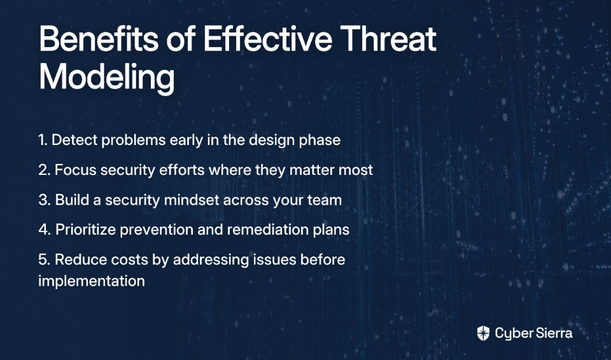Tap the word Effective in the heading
(x=268, y=38)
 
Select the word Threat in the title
(x=388, y=39)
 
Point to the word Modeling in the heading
(x=107, y=77)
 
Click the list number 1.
(x=43, y=140)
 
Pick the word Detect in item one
(x=74, y=140)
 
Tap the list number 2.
(x=45, y=170)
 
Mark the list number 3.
(x=45, y=200)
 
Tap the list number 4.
(x=45, y=230)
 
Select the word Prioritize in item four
(x=86, y=230)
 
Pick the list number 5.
(x=45, y=260)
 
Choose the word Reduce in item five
(x=81, y=260)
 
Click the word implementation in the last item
(x=92, y=281)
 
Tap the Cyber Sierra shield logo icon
(x=483, y=333)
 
